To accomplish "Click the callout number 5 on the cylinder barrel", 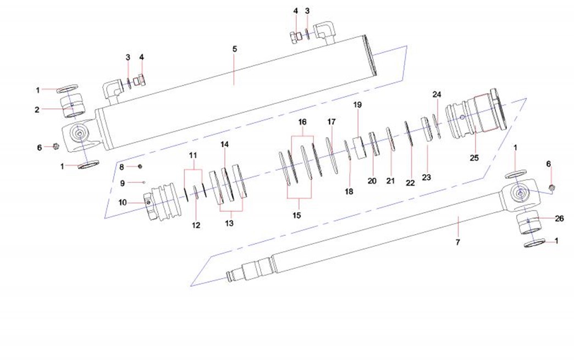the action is click(x=235, y=49).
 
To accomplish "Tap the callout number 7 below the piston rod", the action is click(x=457, y=242).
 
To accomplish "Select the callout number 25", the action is click(x=474, y=158).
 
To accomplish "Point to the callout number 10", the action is click(x=122, y=202).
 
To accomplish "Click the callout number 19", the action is click(x=358, y=105).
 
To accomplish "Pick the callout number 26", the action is click(x=559, y=218).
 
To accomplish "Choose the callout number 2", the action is click(x=37, y=109).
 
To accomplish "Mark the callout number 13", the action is click(x=229, y=223).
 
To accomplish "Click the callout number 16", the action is click(x=302, y=122).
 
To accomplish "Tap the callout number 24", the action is click(x=437, y=95).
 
